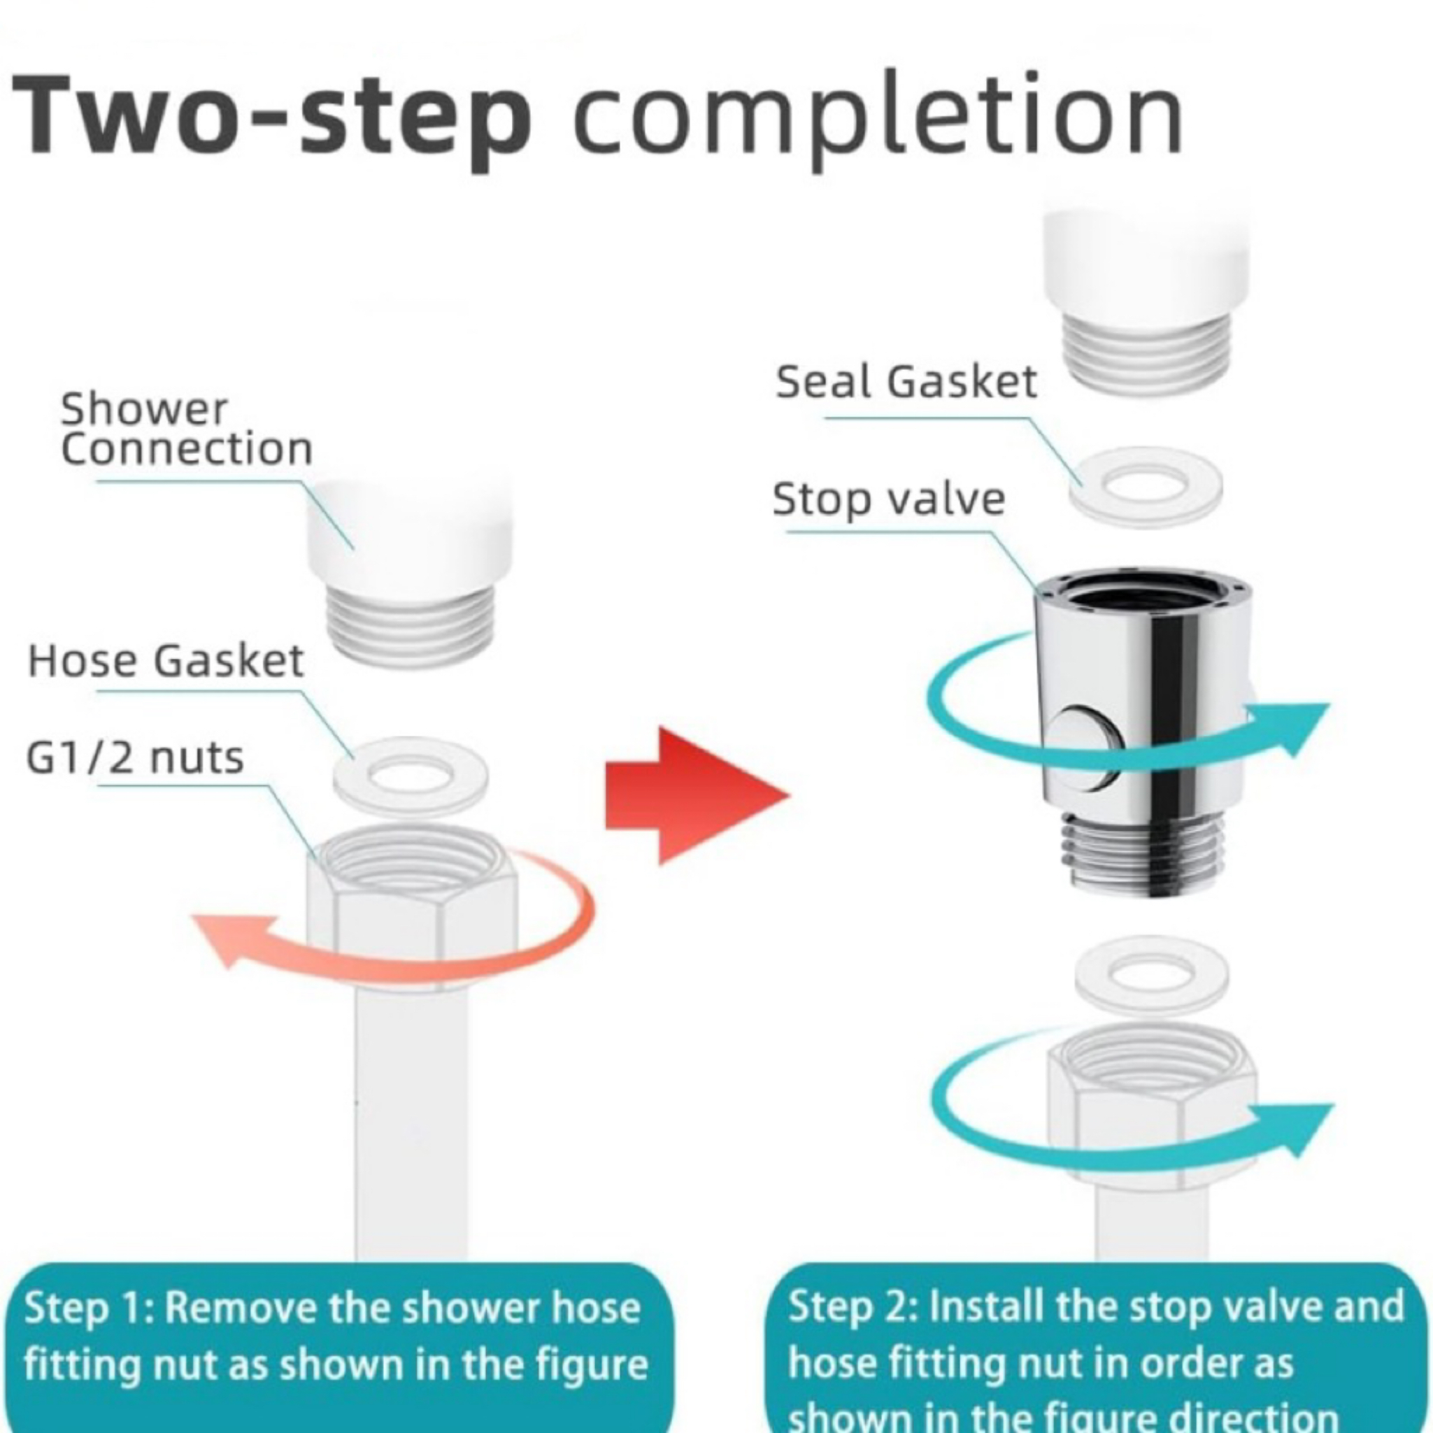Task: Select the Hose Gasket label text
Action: tap(166, 660)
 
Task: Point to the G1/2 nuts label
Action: tap(135, 757)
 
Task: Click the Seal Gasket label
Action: tap(906, 381)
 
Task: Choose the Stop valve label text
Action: tap(889, 499)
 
